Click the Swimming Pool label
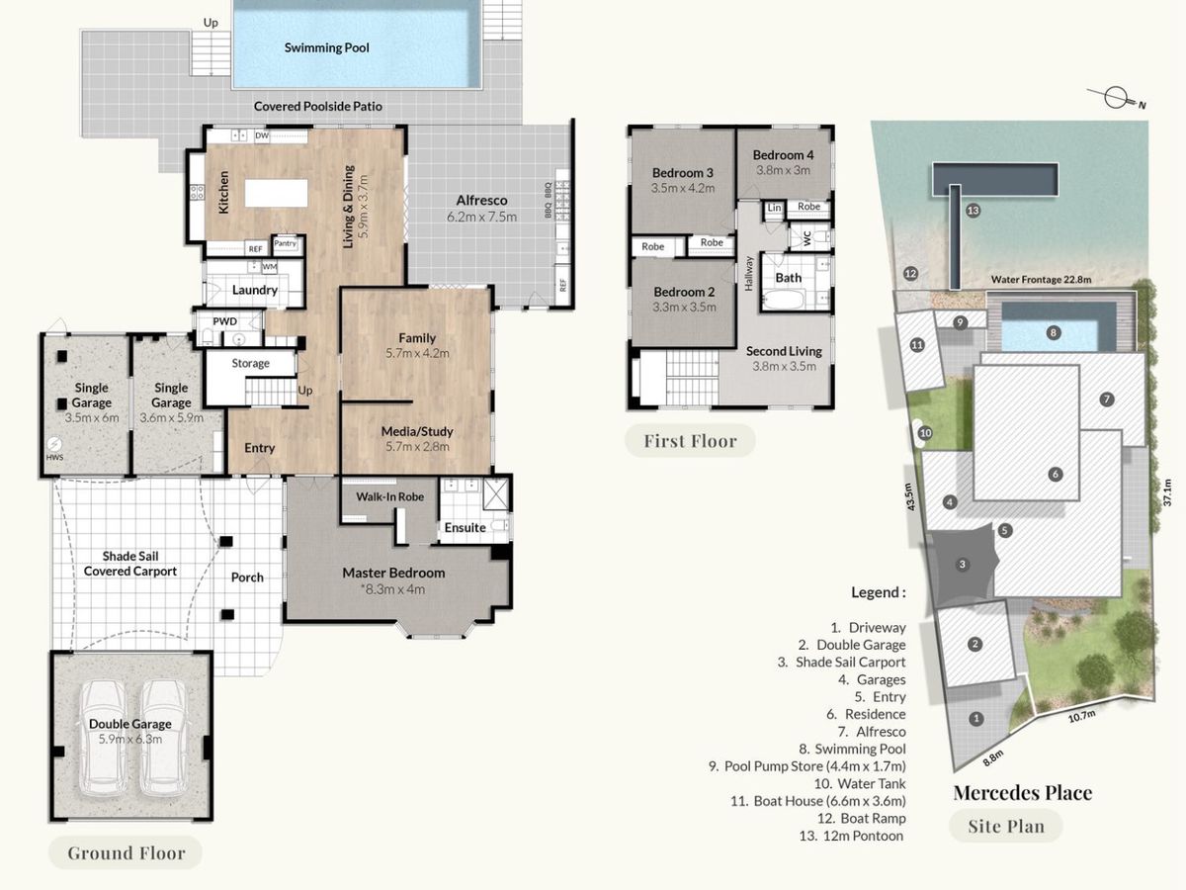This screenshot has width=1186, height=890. (x=326, y=47)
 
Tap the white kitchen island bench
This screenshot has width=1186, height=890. (x=276, y=193)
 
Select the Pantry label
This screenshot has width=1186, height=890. (x=286, y=243)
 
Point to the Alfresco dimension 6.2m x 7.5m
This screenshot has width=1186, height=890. (x=481, y=217)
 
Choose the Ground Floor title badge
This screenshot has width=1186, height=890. (x=126, y=852)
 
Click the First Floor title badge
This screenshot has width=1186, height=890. (x=690, y=441)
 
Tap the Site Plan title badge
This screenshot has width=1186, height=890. (x=1005, y=826)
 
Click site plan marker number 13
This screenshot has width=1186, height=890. (x=974, y=211)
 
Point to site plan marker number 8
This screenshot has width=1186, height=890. (x=1053, y=332)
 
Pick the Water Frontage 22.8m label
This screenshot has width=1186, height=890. (x=1041, y=280)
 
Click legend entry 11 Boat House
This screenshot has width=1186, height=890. (x=818, y=801)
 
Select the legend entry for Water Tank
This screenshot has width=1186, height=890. (x=860, y=783)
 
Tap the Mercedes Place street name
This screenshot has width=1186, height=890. (x=1022, y=793)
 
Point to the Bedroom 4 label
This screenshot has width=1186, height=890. (x=783, y=155)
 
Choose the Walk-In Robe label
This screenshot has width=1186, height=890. (x=389, y=496)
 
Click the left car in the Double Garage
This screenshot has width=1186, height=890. (x=104, y=739)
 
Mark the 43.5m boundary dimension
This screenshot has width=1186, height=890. (x=910, y=496)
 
